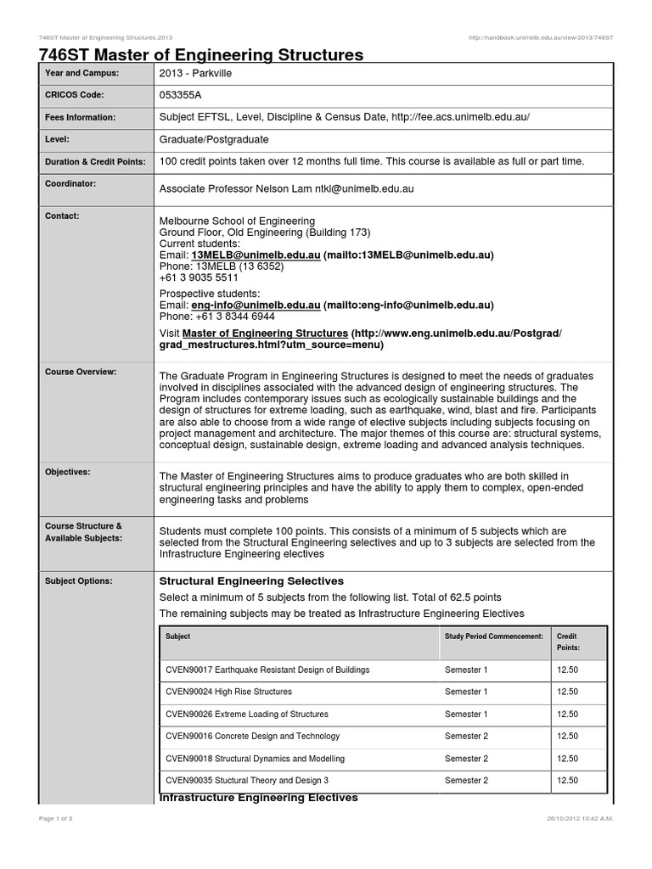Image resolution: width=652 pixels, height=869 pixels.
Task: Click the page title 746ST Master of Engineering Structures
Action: click(x=201, y=55)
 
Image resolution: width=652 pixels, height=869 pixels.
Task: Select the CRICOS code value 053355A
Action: click(x=185, y=96)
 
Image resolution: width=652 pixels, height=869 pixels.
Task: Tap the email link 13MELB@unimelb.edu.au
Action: click(x=256, y=255)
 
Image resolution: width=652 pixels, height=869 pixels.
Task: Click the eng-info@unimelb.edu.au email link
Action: click(x=256, y=305)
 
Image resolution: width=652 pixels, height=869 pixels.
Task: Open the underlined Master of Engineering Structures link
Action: click(x=265, y=333)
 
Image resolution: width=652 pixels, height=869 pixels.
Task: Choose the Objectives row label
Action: click(x=68, y=471)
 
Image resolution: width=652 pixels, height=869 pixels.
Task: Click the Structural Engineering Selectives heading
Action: click(x=251, y=580)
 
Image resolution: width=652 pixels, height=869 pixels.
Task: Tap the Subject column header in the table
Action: click(x=178, y=636)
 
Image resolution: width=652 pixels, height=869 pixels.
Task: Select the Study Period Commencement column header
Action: click(x=493, y=636)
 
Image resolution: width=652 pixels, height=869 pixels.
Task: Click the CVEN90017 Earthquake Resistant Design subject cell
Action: click(x=267, y=670)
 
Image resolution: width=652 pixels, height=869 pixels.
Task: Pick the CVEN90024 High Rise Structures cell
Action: click(x=228, y=692)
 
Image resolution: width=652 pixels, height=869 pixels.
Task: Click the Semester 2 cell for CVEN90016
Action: click(x=466, y=736)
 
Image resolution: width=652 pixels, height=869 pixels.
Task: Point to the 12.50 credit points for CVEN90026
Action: click(x=567, y=714)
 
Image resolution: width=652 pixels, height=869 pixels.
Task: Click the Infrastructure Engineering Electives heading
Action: click(x=259, y=798)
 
